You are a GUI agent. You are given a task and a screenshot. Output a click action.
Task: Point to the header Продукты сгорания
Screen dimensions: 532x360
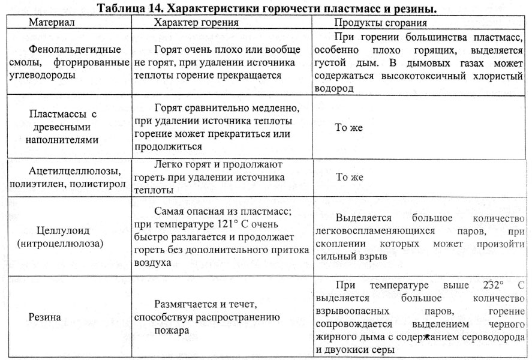(x=381, y=23)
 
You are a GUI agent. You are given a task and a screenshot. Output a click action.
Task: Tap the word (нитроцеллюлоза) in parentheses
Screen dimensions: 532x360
(x=62, y=244)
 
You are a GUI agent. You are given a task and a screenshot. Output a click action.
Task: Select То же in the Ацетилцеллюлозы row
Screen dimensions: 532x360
(x=350, y=177)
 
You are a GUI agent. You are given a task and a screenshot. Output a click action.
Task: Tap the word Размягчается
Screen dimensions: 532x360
(x=184, y=304)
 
